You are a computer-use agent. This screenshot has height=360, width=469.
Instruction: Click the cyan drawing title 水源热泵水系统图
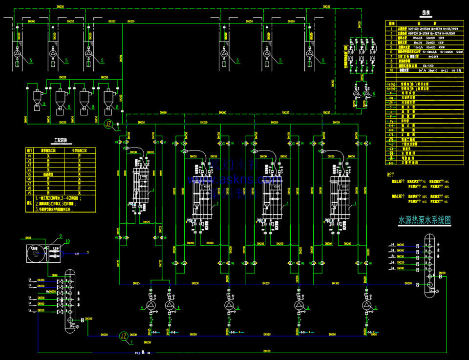424,220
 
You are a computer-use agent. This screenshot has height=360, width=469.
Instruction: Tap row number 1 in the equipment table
391,29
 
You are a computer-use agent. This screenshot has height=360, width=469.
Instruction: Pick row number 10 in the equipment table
391,70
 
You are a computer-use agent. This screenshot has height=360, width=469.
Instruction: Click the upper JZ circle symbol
109,124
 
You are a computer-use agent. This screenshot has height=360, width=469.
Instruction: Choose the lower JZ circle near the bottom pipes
124,336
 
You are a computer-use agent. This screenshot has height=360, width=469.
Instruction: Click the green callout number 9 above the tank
61,236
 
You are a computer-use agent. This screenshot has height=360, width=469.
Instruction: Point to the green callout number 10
68,241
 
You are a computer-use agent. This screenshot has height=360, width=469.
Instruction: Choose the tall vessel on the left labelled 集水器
70,298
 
